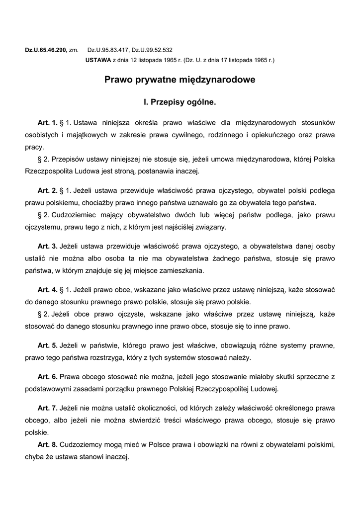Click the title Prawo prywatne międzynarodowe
coord(180,80)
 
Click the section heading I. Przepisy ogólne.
coord(180,103)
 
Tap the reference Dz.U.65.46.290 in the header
coord(46,50)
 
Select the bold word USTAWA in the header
coord(98,60)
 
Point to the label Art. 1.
coord(48,122)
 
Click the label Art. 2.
coord(48,190)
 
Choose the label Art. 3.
coord(48,246)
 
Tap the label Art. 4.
coord(48,289)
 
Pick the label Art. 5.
coord(48,345)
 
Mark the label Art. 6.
coord(48,376)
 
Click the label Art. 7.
coord(48,408)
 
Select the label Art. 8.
coord(48,444)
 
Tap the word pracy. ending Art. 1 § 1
coord(35,147)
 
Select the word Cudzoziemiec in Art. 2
coord(72,215)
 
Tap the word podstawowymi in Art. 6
coord(48,389)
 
